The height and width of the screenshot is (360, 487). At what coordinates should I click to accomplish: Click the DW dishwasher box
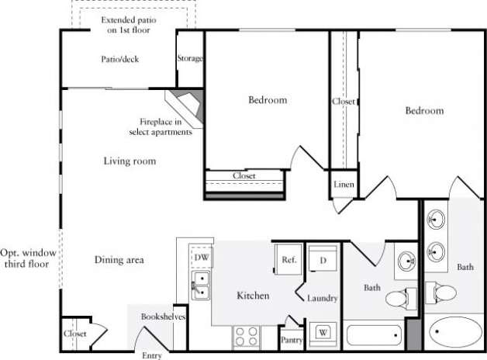pos(202,257)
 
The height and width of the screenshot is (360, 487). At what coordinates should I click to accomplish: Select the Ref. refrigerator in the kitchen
pos(288,260)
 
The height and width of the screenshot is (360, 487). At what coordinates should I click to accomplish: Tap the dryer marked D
pos(322,261)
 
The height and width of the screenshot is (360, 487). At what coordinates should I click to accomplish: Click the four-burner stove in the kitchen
pos(247,337)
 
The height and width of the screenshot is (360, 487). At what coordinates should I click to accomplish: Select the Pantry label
pos(292,340)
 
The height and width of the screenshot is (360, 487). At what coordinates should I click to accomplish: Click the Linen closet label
pos(344,185)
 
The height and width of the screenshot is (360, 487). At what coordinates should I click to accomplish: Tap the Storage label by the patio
pos(190,58)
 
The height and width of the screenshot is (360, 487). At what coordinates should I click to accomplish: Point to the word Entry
pos(152,355)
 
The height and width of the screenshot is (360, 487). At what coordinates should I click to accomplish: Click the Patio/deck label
pos(120,59)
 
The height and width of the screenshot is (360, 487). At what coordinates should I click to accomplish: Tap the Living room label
pos(130,161)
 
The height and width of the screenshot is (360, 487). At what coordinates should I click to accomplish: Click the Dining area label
pos(119,260)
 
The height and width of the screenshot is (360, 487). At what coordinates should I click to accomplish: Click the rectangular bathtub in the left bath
pos(375,336)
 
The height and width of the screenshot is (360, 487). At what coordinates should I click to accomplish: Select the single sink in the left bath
pos(406,261)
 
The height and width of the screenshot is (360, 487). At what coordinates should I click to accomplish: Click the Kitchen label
pos(253,296)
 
